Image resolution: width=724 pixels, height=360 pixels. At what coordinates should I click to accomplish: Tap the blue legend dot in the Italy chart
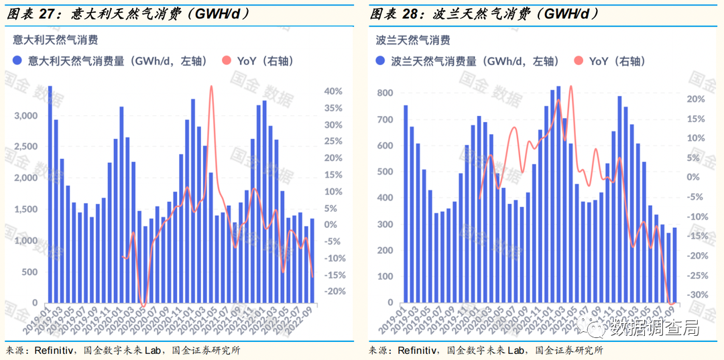click(x=18, y=61)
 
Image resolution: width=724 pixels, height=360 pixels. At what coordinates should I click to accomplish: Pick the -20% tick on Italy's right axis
click(x=333, y=292)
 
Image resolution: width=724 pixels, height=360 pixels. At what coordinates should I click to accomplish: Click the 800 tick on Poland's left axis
click(x=385, y=93)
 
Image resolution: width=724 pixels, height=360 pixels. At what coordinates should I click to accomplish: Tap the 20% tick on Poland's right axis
click(x=696, y=99)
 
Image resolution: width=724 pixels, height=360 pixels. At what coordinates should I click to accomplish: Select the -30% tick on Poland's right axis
click(x=696, y=295)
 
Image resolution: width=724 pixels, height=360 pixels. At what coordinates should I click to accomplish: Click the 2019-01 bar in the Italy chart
click(x=50, y=194)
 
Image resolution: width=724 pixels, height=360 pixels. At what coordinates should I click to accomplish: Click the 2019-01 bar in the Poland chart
click(x=406, y=204)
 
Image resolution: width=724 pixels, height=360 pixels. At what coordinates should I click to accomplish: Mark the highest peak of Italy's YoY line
click(x=212, y=87)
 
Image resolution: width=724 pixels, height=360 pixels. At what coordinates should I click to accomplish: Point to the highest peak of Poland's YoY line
click(x=570, y=86)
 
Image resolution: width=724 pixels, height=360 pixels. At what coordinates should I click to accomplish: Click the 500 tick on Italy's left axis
click(x=30, y=272)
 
